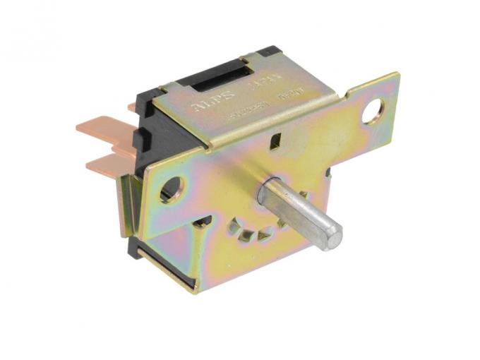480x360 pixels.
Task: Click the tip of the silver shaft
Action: coord(330,235)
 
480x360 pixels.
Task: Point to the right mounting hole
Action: coord(373,111)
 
